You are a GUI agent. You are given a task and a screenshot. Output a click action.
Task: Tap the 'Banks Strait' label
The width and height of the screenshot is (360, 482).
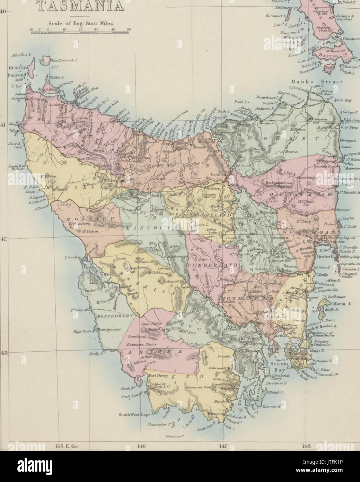click(x=317, y=82)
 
